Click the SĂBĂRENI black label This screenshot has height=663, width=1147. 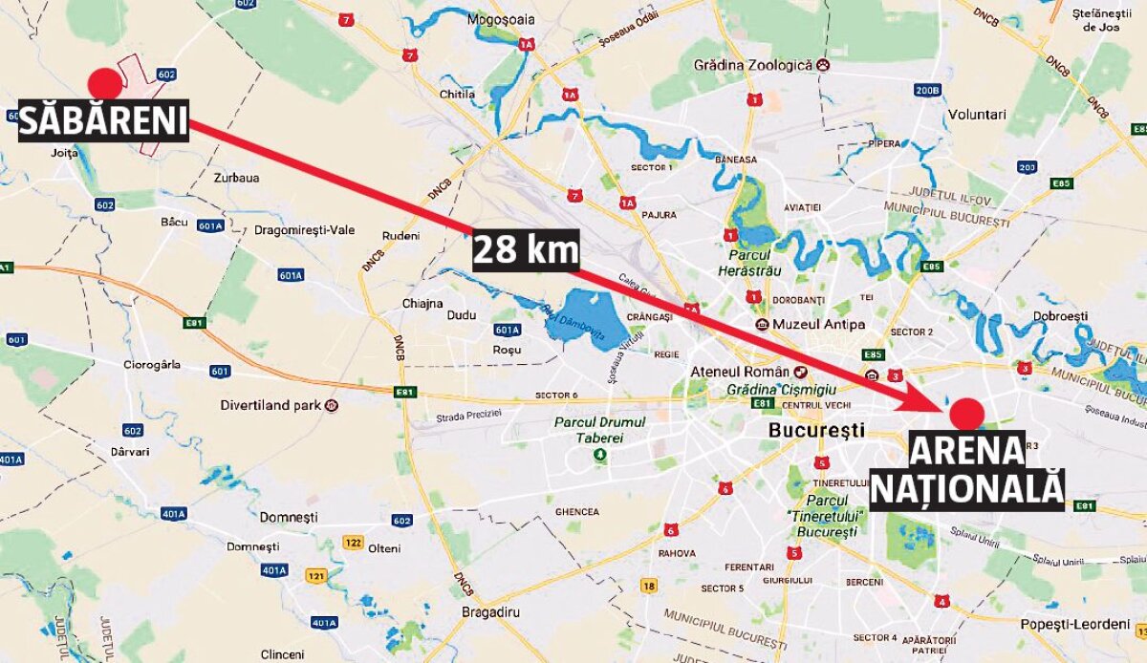pos(103,120)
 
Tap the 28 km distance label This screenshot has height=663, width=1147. pos(526,250)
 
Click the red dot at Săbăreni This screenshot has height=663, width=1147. pos(105,83)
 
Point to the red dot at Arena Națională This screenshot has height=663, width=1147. pos(966,416)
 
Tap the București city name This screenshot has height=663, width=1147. pos(816,430)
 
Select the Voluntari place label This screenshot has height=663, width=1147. pos(976,115)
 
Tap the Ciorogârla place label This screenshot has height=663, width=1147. pos(152,364)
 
